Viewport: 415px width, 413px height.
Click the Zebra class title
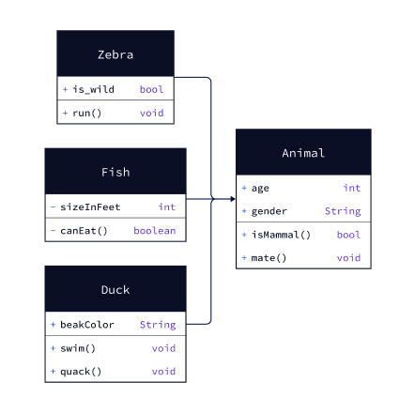click(115, 54)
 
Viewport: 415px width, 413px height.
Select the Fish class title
click(115, 172)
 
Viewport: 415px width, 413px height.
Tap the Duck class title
click(115, 290)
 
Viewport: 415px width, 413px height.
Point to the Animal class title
click(303, 153)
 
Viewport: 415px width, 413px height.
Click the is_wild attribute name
click(93, 89)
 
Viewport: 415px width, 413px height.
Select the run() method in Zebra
click(87, 113)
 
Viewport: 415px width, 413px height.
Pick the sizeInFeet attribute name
click(90, 206)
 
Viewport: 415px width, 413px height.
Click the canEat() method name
click(84, 231)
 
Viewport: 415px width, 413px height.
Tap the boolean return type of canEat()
click(155, 231)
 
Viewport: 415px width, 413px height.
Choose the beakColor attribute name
click(87, 325)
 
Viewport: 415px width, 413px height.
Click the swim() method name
click(78, 348)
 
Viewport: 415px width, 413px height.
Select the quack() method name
click(81, 372)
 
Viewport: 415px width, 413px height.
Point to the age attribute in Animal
click(260, 189)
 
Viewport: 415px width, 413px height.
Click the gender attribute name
click(269, 211)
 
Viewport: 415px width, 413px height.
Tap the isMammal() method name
click(281, 235)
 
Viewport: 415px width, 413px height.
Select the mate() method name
click(269, 258)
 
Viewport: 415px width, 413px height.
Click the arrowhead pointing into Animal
click(233, 199)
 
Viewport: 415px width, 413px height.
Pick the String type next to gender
click(343, 211)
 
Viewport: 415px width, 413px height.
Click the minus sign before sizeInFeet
click(53, 206)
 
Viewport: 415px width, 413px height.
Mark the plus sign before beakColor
click(53, 325)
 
